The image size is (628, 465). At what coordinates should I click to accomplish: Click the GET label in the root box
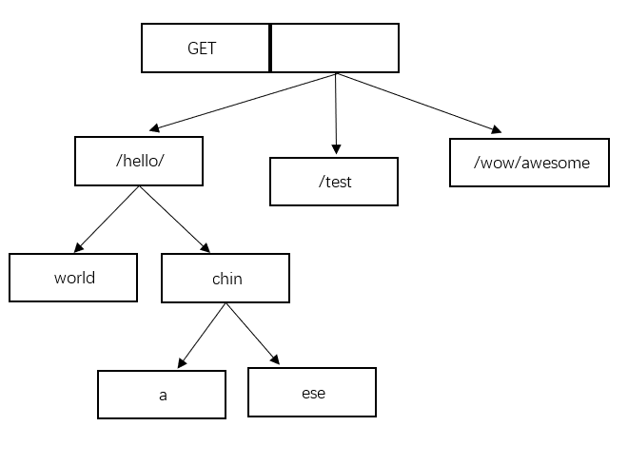202,48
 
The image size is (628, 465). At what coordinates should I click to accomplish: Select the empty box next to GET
335,48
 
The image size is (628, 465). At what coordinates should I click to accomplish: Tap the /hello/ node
139,161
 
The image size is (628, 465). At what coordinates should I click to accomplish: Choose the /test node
334,182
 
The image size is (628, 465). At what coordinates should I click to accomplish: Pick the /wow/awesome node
529,163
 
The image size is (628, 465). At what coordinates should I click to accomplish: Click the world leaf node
73,278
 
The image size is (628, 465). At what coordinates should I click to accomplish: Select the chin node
226,278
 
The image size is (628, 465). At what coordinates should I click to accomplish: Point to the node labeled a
162,395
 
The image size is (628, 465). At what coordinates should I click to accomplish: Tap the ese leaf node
312,392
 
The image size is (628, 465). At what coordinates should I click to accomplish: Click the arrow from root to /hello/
243,102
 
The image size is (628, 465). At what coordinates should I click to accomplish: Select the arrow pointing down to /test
336,114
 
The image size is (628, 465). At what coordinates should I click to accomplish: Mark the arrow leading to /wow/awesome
419,103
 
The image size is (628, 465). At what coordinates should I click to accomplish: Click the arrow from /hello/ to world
107,220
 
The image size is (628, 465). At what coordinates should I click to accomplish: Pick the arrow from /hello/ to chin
175,220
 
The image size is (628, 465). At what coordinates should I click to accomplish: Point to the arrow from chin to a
202,336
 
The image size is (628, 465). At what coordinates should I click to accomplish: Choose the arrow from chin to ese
253,334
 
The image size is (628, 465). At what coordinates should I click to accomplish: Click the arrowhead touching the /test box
337,149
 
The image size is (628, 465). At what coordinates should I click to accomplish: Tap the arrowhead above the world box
78,248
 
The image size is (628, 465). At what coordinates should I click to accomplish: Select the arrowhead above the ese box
276,359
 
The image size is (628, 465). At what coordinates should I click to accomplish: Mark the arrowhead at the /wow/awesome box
497,129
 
